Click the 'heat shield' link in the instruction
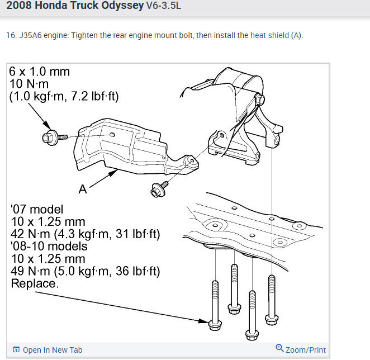[x=269, y=35]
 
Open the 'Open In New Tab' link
[x=52, y=350]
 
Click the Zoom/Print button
[x=305, y=350]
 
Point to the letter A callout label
[x=83, y=190]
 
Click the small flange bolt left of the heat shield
[x=49, y=136]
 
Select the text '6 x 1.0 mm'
[x=39, y=72]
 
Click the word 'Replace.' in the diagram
[x=34, y=283]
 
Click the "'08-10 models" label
[x=49, y=246]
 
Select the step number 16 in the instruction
[x=11, y=35]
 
